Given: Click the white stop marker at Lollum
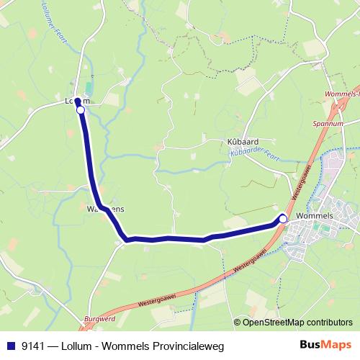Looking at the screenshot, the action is [x=81, y=110].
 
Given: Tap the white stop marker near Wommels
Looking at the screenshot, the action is [x=283, y=218].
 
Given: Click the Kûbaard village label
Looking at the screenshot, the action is [x=243, y=142].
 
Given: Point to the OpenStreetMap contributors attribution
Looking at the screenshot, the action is [x=297, y=322].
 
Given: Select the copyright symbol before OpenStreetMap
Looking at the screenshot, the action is [x=238, y=322].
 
